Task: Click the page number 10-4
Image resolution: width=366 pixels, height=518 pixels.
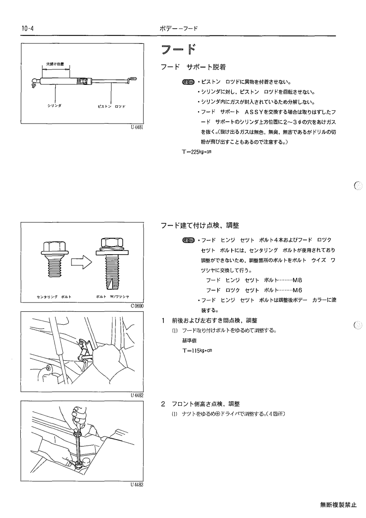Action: click(28, 29)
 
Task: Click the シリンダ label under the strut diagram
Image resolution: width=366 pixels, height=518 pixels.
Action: click(54, 106)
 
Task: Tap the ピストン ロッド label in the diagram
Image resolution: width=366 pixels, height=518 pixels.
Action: click(111, 107)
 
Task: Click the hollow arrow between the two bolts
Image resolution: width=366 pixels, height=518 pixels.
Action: click(81, 262)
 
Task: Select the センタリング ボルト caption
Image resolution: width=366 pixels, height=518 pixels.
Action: click(54, 297)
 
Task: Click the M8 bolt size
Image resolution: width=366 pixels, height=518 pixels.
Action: click(298, 280)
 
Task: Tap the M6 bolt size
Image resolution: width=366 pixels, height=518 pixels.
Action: click(298, 291)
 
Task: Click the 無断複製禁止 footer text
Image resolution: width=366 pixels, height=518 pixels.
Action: click(339, 505)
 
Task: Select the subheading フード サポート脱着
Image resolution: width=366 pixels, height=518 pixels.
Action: click(193, 67)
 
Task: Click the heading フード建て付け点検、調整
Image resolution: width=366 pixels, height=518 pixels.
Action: click(200, 226)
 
